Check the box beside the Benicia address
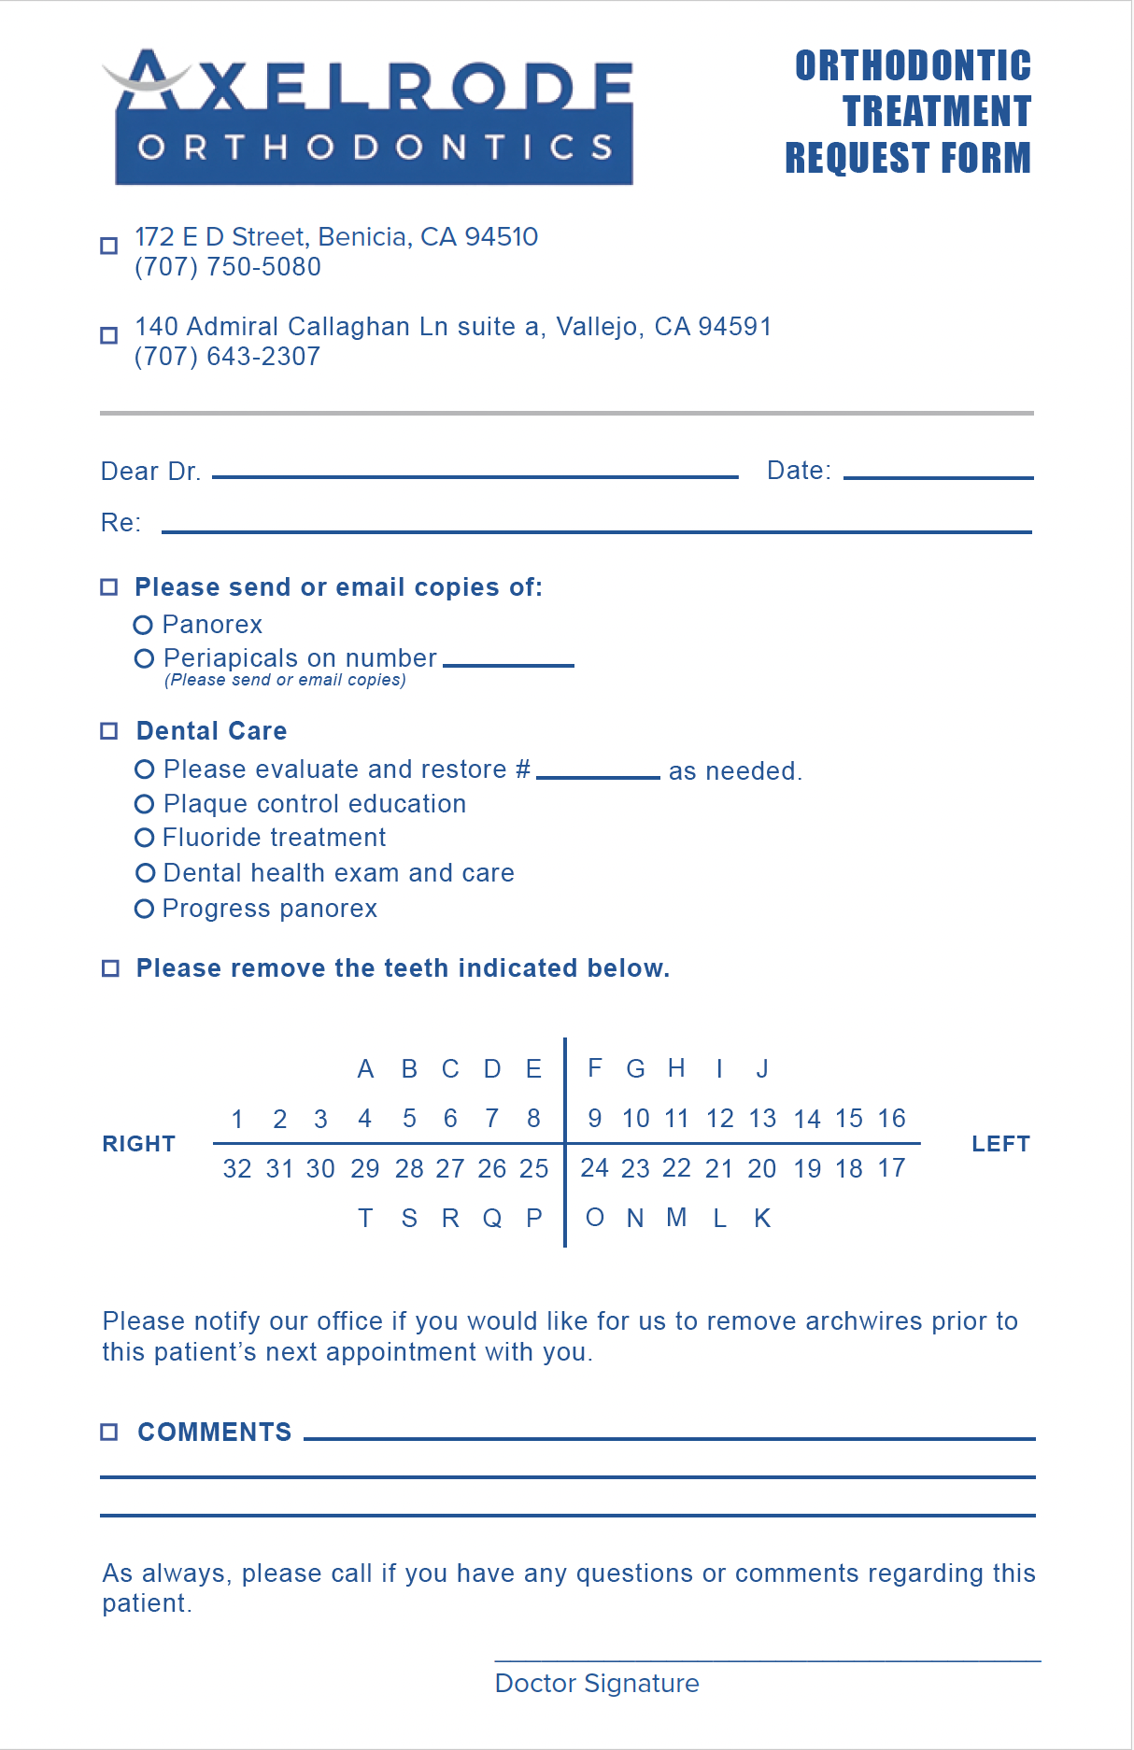[109, 246]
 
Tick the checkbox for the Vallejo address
[109, 335]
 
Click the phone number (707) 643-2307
[227, 357]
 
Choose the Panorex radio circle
[143, 625]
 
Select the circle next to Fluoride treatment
[144, 838]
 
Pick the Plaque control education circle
[144, 804]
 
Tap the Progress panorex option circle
[144, 909]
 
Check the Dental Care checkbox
[109, 731]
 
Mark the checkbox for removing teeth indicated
[110, 968]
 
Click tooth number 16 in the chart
[891, 1119]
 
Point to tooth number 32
[237, 1169]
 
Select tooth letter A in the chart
[365, 1069]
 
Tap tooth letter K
[762, 1219]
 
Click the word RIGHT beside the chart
[139, 1144]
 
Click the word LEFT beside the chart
[1000, 1144]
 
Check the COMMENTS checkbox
[109, 1432]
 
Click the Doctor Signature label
[597, 1684]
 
